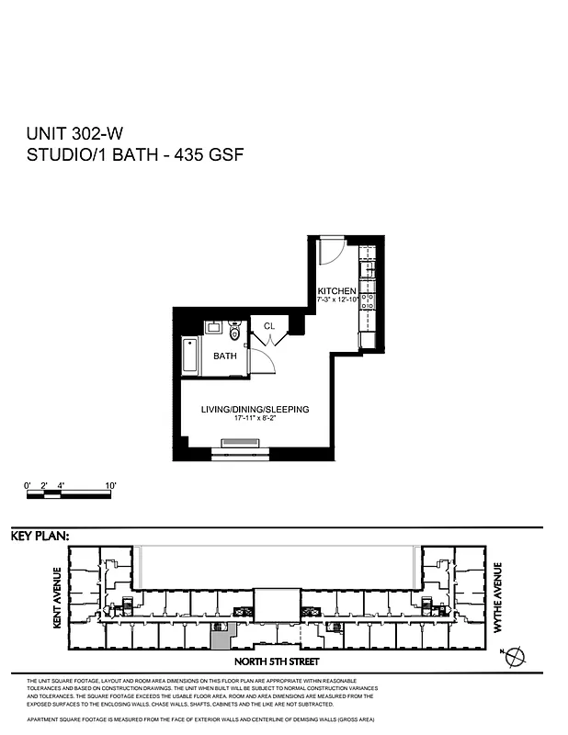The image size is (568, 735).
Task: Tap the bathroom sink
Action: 214,326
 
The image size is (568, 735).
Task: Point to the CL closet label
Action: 269,326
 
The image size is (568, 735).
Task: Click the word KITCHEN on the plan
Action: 336,291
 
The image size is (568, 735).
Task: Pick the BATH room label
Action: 225,356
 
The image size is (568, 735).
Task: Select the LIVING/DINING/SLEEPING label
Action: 256,409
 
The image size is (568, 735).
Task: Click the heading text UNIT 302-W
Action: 77,134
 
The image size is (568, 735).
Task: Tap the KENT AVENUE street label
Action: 57,596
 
